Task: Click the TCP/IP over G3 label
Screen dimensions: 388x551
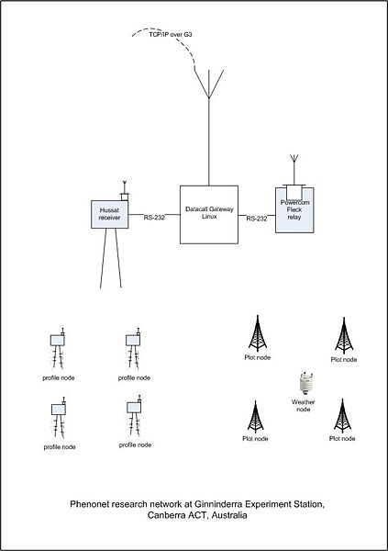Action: click(171, 35)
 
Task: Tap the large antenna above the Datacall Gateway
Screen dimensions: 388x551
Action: click(209, 84)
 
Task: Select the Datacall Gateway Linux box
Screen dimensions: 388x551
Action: click(209, 215)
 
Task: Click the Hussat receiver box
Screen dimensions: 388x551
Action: click(109, 214)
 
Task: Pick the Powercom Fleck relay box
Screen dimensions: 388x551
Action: click(294, 210)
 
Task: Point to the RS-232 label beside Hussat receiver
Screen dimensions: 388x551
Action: click(154, 218)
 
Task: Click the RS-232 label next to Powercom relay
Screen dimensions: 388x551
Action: click(257, 219)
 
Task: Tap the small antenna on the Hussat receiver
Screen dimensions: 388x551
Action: click(125, 190)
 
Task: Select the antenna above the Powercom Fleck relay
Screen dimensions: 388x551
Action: click(294, 169)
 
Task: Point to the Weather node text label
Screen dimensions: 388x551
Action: click(303, 406)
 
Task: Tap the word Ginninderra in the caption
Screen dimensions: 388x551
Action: click(217, 504)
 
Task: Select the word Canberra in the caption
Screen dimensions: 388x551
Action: click(164, 515)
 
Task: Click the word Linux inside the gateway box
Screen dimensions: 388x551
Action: click(209, 217)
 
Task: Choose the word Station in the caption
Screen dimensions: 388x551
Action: click(310, 504)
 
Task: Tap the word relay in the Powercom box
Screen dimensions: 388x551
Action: click(294, 217)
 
